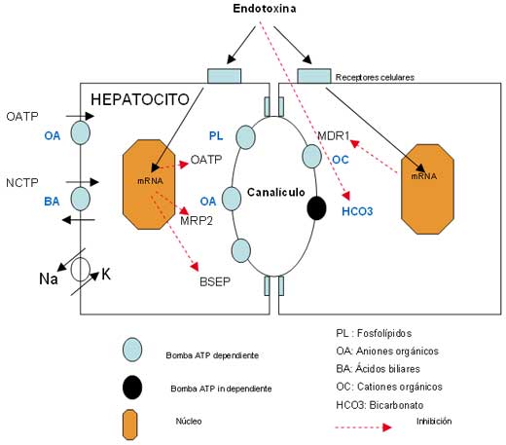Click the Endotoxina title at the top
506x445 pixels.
click(265, 9)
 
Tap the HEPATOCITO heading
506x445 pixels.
click(140, 99)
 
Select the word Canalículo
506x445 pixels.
click(276, 192)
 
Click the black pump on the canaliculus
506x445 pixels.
click(316, 208)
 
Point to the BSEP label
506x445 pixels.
click(215, 281)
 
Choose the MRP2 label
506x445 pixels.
click(197, 221)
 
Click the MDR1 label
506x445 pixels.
click(334, 135)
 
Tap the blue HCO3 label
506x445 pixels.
click(357, 211)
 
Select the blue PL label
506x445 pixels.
click(216, 135)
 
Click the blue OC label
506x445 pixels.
click(341, 160)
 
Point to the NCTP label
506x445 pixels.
click(22, 183)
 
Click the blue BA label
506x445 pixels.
click(52, 202)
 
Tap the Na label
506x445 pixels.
click(49, 278)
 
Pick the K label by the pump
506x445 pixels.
click(106, 275)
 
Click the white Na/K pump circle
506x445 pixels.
click(81, 270)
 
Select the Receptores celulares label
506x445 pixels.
click(375, 77)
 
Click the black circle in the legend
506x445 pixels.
click(132, 388)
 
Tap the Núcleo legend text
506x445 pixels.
click(189, 421)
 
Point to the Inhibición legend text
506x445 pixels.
click(434, 421)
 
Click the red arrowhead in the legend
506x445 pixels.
click(387, 427)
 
